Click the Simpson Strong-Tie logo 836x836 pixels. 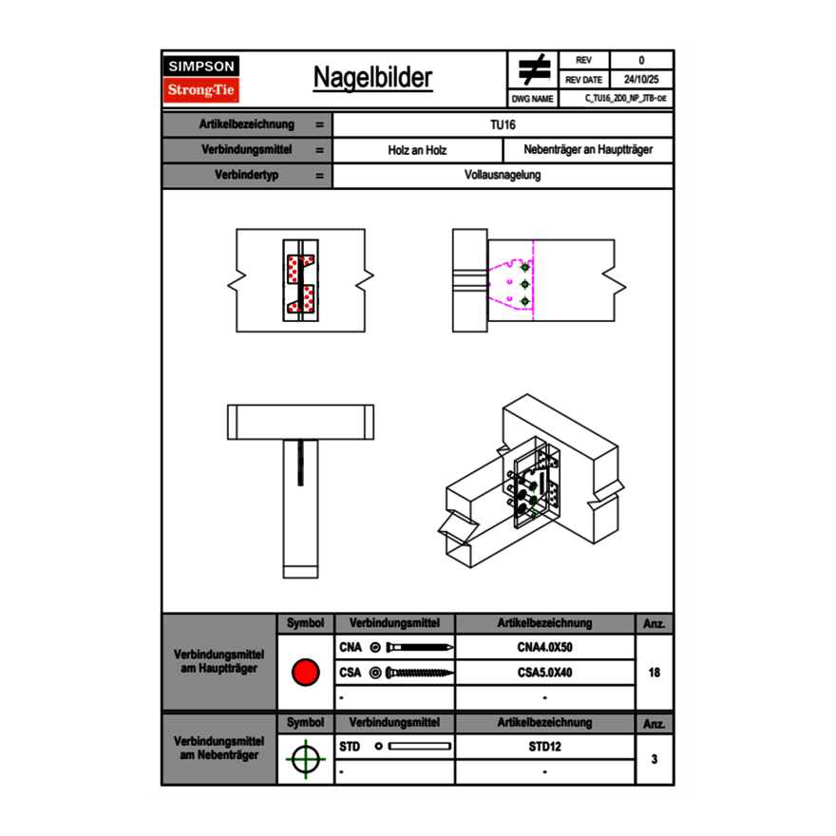click(202, 80)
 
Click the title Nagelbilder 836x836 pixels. click(372, 78)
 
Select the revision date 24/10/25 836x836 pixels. click(640, 80)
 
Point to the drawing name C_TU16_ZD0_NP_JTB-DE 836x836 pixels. click(617, 98)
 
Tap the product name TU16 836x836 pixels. click(503, 124)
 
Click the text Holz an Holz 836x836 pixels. click(417, 150)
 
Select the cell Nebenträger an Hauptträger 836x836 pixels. click(588, 150)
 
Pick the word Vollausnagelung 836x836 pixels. click(503, 176)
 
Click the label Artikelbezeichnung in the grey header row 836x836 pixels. click(247, 124)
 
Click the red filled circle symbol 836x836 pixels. click(305, 673)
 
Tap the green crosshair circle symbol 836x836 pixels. click(305, 759)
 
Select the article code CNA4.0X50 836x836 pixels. click(544, 648)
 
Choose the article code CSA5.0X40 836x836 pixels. click(544, 673)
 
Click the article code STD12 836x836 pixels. click(544, 747)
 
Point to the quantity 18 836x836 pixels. click(655, 673)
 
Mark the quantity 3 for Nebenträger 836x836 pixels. click(655, 759)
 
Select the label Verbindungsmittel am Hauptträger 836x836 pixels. click(218, 662)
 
